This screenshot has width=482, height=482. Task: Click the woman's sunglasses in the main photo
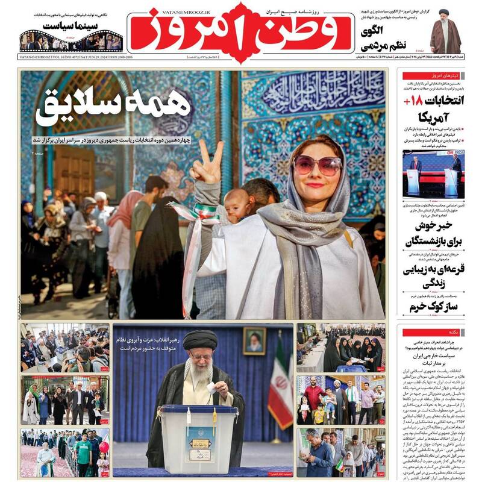click(317, 164)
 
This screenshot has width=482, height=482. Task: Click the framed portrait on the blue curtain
click(254, 340)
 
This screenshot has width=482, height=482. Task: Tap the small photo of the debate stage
click(433, 174)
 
